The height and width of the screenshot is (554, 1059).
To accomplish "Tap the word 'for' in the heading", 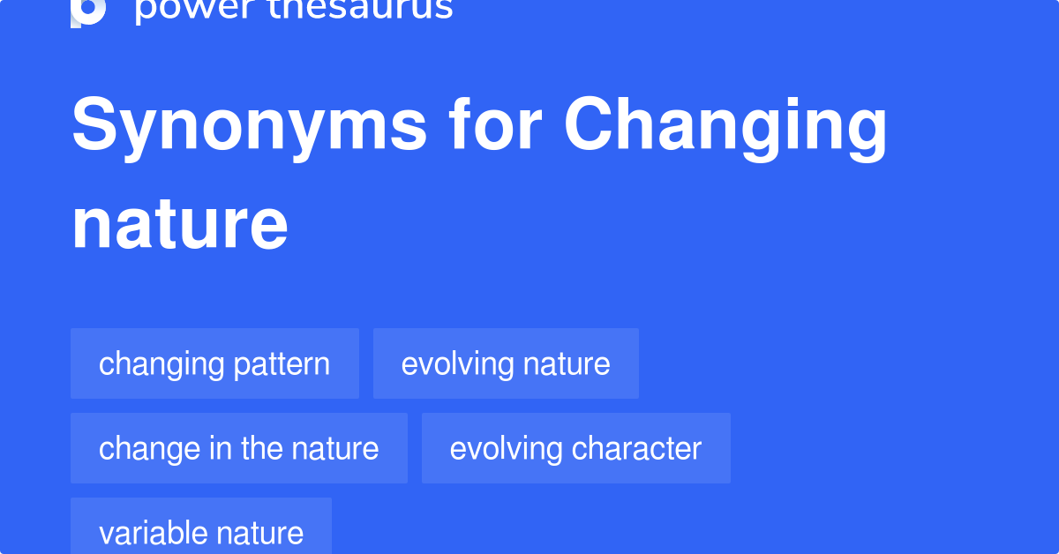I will (x=495, y=126).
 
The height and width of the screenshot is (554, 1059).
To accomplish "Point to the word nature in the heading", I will (x=180, y=225).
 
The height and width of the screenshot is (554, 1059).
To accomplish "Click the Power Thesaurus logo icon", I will (x=88, y=11).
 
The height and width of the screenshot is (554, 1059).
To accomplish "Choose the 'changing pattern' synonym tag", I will (x=214, y=363).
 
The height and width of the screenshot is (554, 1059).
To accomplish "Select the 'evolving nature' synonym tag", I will (x=506, y=363).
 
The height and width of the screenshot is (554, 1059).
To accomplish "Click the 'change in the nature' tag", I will (x=238, y=448).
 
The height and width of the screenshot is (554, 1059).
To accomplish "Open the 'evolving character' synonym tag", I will (x=575, y=448).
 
